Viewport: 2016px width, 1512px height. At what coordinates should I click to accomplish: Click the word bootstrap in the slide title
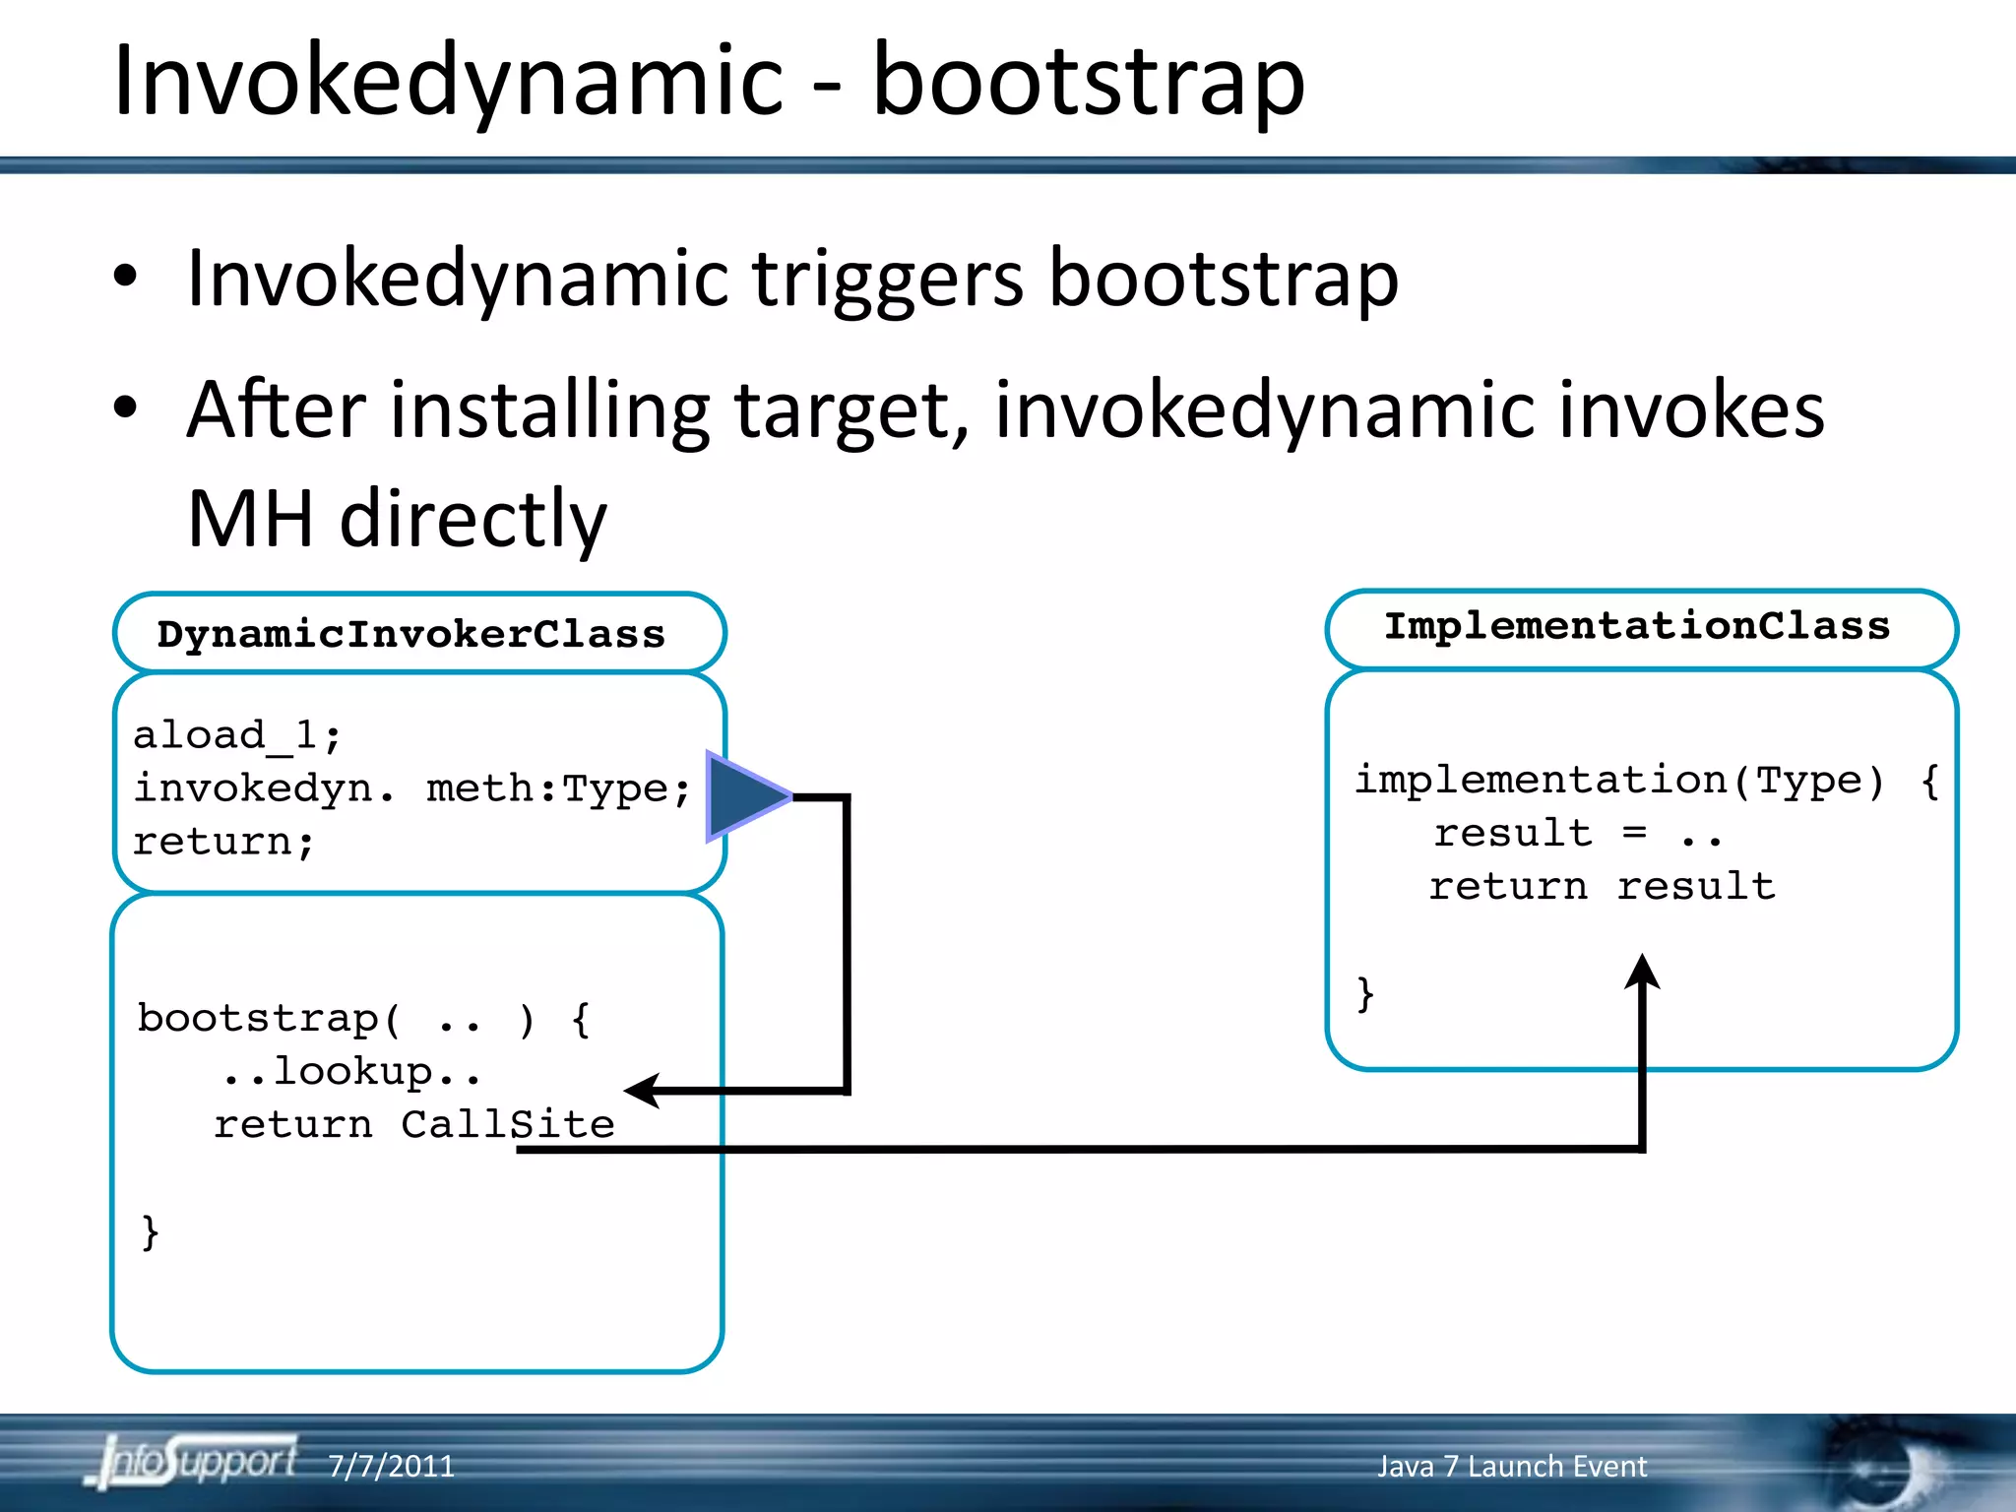(1088, 83)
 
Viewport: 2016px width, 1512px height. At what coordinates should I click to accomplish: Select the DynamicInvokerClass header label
(411, 635)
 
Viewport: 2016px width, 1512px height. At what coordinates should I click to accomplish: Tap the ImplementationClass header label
(1637, 627)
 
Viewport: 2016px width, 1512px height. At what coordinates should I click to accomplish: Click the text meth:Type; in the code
(558, 789)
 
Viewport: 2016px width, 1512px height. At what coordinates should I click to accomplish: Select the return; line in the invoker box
(223, 843)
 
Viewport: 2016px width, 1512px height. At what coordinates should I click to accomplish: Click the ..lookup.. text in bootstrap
(351, 1072)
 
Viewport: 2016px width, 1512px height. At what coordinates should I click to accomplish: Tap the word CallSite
(507, 1125)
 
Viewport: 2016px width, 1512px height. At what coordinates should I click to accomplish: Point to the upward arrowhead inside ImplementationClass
(1642, 972)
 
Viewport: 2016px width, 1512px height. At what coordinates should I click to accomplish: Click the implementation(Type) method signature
(1619, 781)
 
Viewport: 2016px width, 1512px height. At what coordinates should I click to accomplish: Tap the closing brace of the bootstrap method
(150, 1231)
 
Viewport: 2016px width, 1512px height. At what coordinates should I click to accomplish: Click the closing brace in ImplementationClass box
(1364, 993)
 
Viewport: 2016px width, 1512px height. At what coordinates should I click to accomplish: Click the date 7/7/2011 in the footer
(391, 1467)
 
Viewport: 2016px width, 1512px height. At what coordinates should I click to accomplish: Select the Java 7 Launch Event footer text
(1511, 1467)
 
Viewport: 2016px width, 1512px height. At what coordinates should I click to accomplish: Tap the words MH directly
(397, 519)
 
